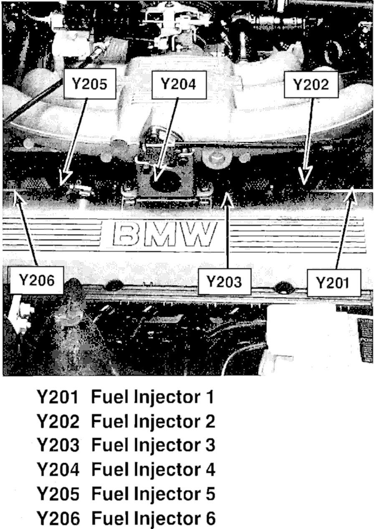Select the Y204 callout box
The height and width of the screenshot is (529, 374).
click(177, 84)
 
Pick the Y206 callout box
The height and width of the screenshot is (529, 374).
click(37, 280)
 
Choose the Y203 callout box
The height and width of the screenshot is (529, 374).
click(224, 282)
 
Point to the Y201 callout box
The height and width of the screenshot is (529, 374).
click(332, 283)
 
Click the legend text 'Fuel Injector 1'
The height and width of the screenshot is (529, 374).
click(152, 397)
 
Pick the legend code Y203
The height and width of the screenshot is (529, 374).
click(58, 446)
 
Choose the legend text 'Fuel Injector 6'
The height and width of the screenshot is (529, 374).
click(153, 519)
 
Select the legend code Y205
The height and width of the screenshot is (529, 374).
click(58, 494)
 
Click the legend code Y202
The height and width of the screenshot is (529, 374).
click(58, 421)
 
